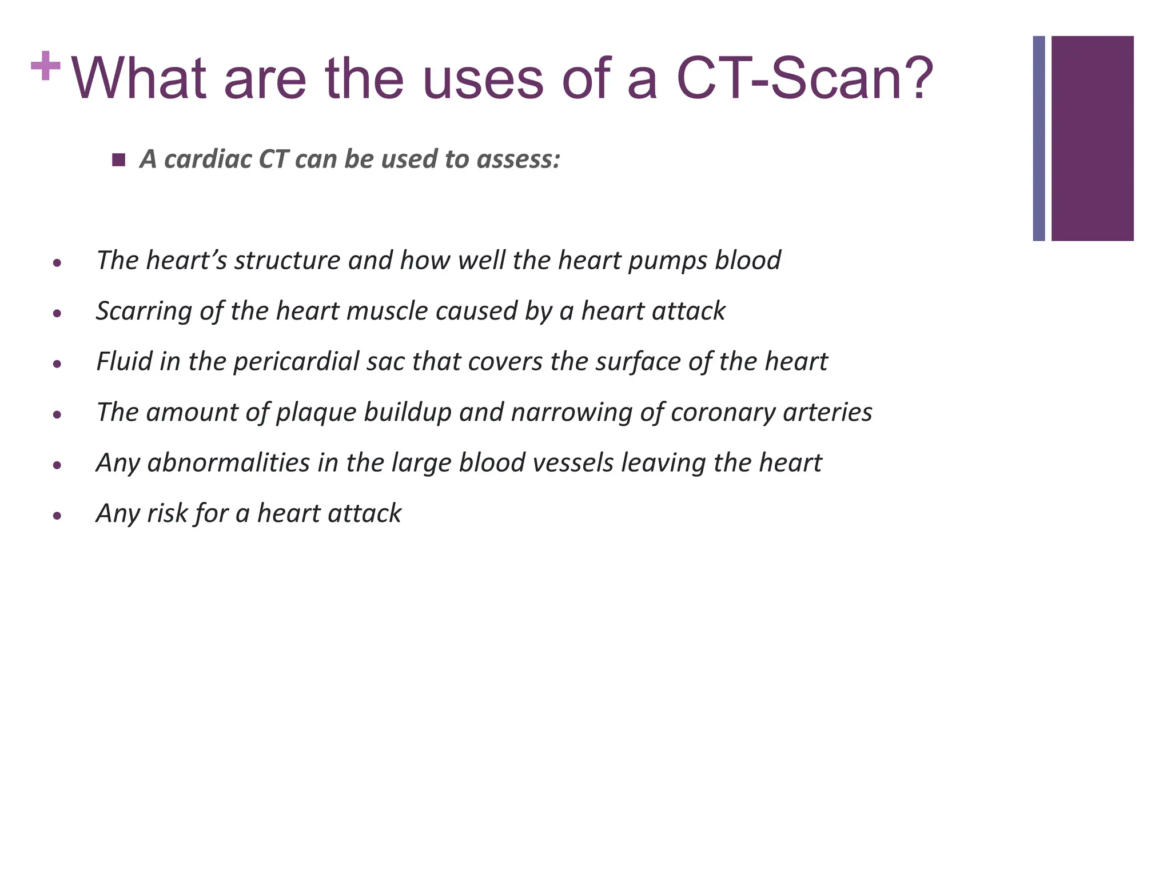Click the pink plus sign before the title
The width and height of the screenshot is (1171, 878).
coord(46,66)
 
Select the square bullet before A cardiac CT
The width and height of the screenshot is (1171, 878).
coord(119,160)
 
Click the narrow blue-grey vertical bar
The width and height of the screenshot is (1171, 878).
coord(1039,138)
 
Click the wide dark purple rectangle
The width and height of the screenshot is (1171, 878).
coord(1092,138)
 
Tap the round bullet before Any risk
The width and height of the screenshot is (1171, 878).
coord(57,516)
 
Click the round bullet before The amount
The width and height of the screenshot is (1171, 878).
coord(57,414)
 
